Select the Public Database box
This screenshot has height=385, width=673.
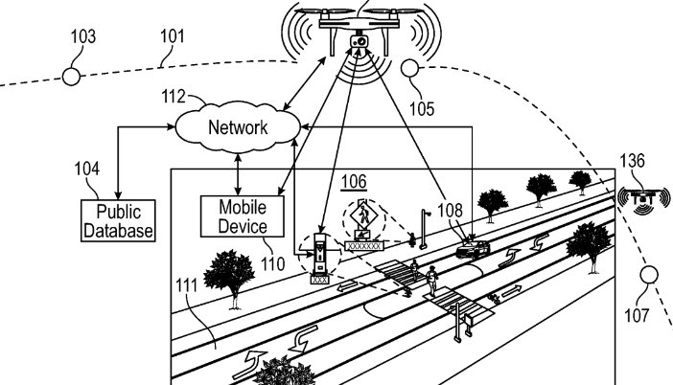point(119,220)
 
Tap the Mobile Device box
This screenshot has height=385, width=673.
point(243,216)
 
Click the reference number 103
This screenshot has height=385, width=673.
point(82,37)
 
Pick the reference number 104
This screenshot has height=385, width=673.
point(86,170)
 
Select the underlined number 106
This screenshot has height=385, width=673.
point(354,179)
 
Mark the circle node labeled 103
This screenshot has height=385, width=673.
point(71,77)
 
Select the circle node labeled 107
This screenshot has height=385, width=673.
point(652,277)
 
